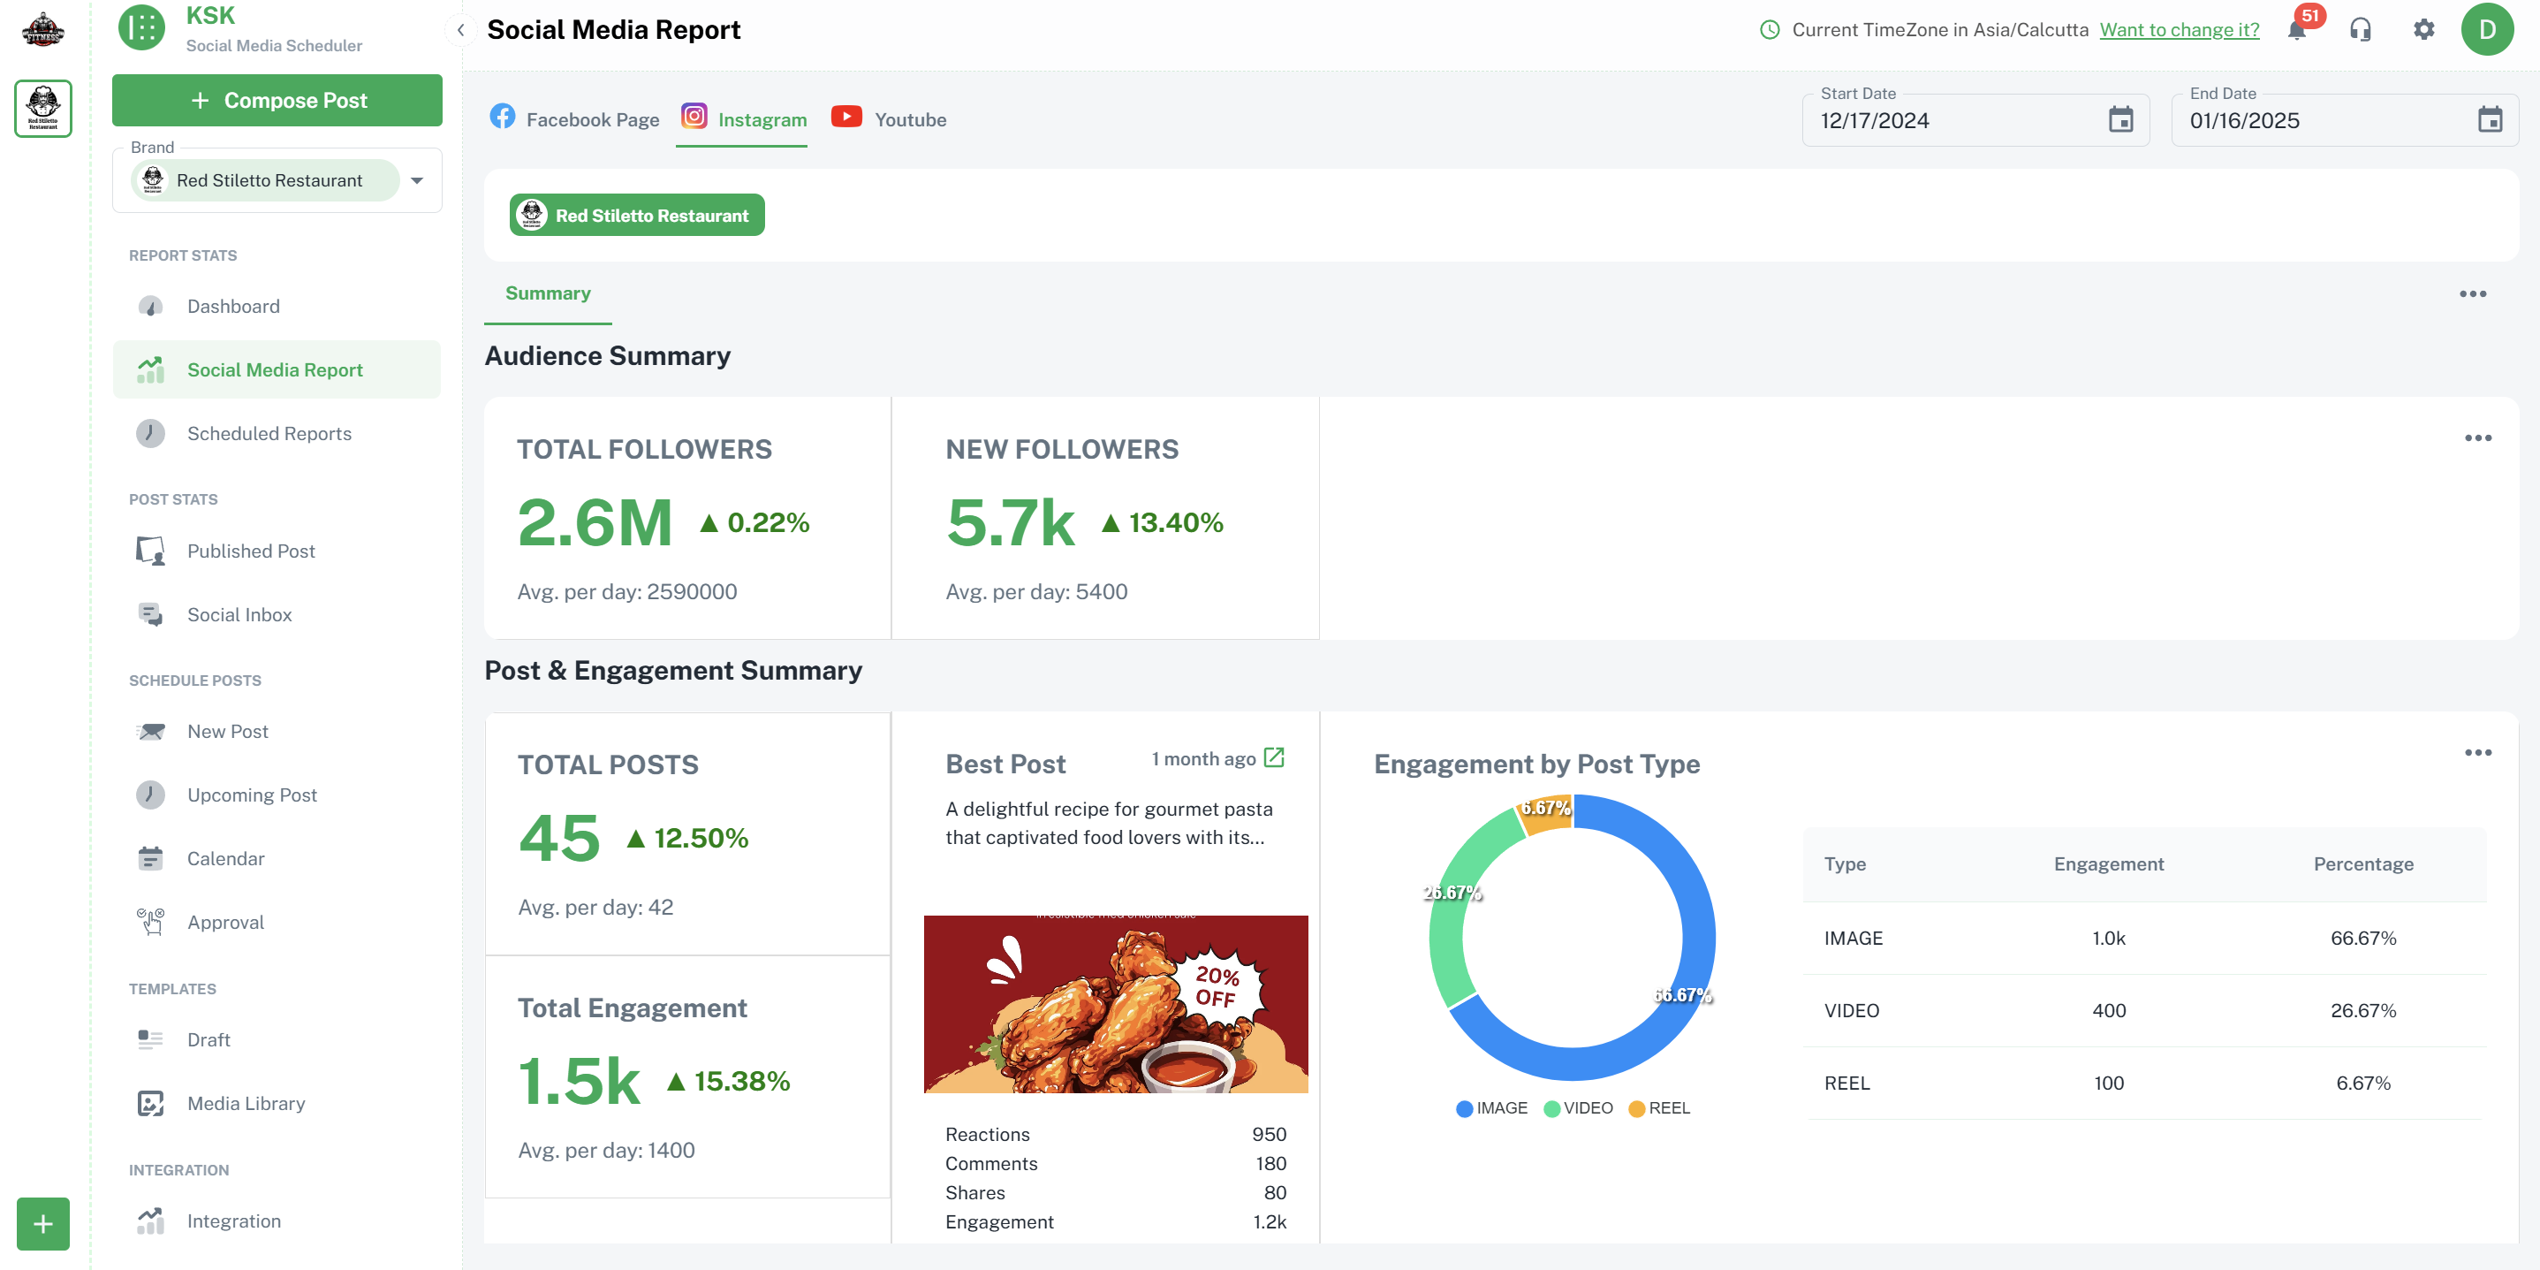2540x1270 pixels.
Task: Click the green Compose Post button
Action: pos(277,101)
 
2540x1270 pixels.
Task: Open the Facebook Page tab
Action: pos(574,119)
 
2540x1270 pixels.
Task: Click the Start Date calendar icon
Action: pos(2120,120)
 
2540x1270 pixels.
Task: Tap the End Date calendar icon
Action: pos(2490,120)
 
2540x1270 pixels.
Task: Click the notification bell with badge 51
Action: pos(2296,29)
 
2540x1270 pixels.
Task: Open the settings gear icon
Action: pos(2422,29)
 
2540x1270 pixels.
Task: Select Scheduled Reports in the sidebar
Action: pos(269,434)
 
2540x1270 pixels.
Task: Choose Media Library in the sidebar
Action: pos(246,1103)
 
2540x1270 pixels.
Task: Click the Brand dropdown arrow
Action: pos(417,180)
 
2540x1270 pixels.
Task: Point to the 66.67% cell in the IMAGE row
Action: pos(2362,938)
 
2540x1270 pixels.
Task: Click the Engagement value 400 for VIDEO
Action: pos(2108,1011)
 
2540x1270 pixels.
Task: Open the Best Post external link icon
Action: pos(1273,757)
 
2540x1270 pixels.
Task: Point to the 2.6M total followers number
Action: pos(595,522)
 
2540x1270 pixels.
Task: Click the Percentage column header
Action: pos(2362,863)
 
